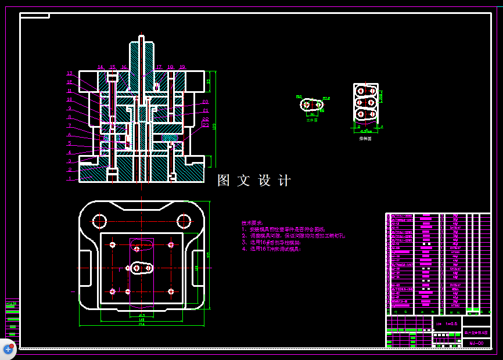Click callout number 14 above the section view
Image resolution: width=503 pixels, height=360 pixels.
point(100,67)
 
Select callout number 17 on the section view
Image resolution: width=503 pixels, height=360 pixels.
point(159,67)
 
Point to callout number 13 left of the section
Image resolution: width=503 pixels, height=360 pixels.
point(69,74)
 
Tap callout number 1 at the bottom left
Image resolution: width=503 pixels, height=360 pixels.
point(69,179)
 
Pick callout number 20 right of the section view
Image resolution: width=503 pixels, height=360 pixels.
point(205,102)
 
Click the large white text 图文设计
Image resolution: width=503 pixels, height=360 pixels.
point(254,181)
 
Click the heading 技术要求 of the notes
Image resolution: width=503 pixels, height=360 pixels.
point(252,223)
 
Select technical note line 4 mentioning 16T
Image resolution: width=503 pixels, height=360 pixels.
point(272,249)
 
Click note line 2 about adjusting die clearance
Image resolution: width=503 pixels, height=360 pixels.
point(293,236)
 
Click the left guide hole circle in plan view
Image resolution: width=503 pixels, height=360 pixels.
point(99,221)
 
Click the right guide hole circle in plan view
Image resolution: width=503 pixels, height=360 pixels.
point(184,221)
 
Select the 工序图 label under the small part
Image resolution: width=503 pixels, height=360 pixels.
point(312,120)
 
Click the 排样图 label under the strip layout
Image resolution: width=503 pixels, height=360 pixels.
point(365,139)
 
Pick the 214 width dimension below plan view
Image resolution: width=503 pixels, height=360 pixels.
point(141,324)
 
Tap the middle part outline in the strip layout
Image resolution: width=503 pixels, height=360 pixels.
point(365,103)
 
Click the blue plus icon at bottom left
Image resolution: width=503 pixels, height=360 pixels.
point(8,349)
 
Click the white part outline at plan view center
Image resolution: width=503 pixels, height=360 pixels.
point(141,268)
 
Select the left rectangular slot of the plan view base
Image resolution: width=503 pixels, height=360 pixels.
point(85,268)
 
